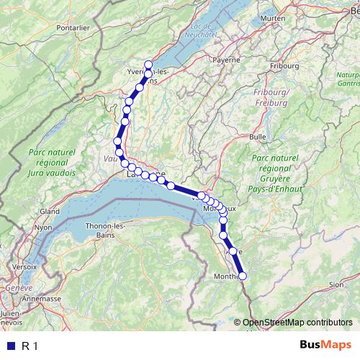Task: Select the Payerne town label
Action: click(x=225, y=60)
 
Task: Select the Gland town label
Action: click(x=50, y=212)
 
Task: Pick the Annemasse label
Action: click(x=42, y=298)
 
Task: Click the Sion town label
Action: click(x=336, y=284)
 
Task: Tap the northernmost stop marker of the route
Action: click(x=149, y=64)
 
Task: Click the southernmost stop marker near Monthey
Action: click(x=243, y=275)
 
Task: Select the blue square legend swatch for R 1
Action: click(x=11, y=346)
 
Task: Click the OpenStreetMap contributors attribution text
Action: click(x=297, y=323)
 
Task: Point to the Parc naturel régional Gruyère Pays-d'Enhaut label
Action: click(x=276, y=173)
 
